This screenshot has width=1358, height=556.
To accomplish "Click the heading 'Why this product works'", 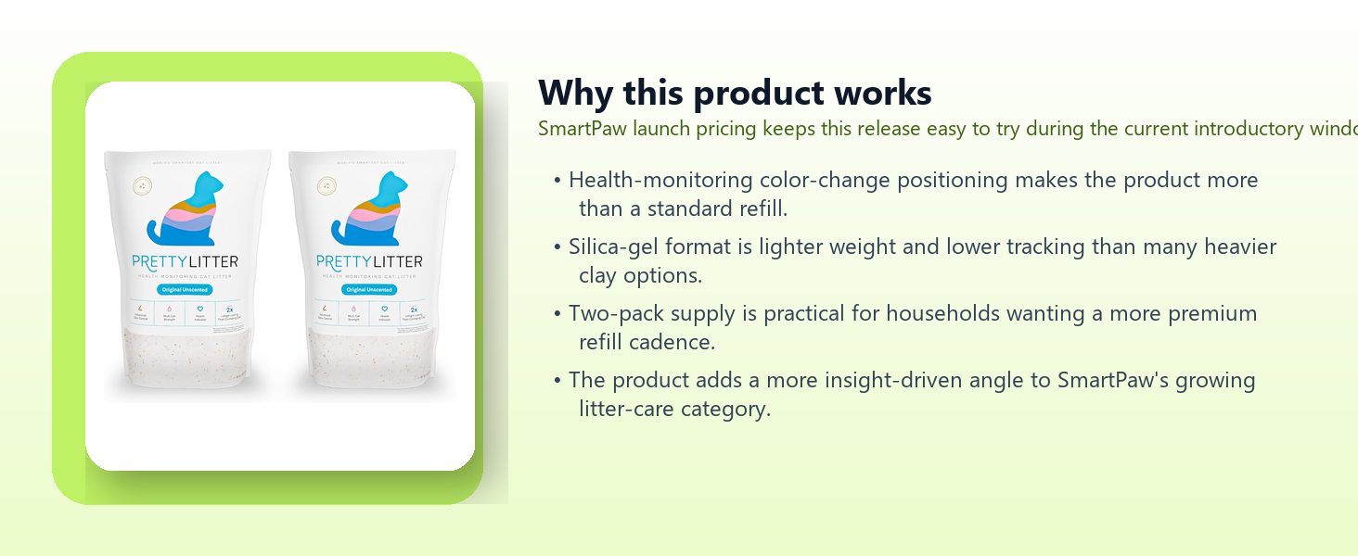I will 735,94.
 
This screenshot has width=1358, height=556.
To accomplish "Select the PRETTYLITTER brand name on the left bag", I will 186,262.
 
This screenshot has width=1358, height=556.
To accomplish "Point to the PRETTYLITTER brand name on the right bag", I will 369,262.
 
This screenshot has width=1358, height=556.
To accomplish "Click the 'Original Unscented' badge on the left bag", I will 186,290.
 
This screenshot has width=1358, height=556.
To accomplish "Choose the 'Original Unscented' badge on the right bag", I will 369,290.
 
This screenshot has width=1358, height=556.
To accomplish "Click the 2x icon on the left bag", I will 229,310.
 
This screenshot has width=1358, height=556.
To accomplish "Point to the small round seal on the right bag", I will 326,185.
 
